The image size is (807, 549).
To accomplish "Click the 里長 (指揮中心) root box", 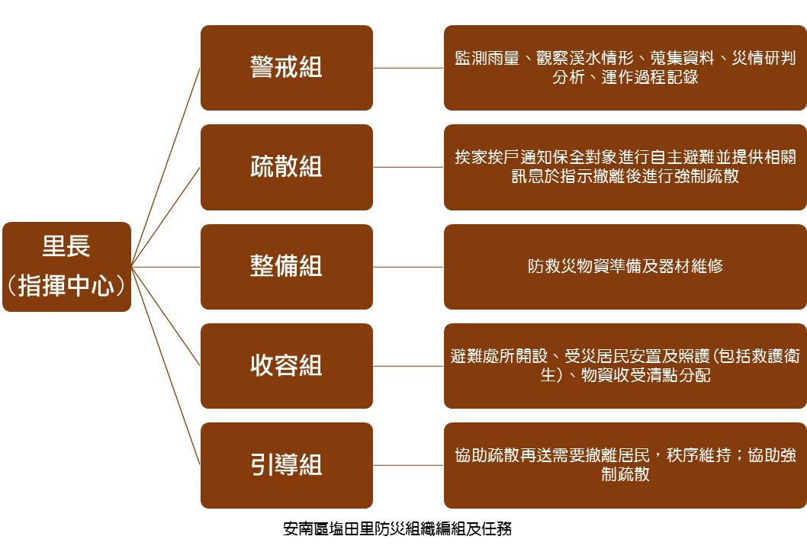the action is [x=67, y=267].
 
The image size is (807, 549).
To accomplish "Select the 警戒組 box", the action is [x=287, y=68].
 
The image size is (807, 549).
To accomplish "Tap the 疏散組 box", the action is [x=287, y=167].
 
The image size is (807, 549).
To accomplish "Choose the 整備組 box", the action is [x=287, y=267].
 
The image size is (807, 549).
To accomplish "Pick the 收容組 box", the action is [x=287, y=366].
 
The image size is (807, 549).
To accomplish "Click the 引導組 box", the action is [x=287, y=465].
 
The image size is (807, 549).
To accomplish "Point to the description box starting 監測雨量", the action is [x=625, y=68].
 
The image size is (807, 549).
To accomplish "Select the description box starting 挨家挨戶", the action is [x=625, y=167].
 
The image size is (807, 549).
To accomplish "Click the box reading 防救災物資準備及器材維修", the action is [x=625, y=267].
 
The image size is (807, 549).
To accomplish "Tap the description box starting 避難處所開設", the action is [x=625, y=366].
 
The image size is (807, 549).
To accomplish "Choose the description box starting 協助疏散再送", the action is [x=625, y=465].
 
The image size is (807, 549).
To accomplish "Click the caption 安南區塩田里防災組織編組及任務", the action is [x=397, y=529].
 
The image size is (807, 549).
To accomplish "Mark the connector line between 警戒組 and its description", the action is [x=408, y=68].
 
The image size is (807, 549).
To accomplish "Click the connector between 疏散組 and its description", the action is [x=408, y=167].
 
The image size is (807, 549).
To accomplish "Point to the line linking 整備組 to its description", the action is [x=408, y=267].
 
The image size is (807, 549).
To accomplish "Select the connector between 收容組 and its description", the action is [x=408, y=366].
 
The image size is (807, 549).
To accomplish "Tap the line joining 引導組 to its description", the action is [x=408, y=466].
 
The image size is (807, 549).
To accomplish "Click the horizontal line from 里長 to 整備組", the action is [x=166, y=267].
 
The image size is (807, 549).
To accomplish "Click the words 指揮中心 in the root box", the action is [x=66, y=286].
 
